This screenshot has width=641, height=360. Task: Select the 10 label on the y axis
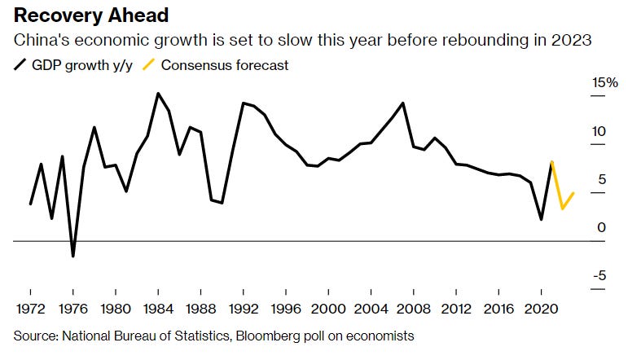pos(601,132)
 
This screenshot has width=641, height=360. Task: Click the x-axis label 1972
pos(30,310)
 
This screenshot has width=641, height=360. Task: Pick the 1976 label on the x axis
pos(72,310)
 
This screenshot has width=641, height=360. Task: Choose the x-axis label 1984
pos(157,310)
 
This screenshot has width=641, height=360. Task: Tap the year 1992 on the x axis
pos(243,310)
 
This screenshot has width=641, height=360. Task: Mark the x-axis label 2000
pos(327,310)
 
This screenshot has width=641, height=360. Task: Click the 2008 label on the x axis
pos(413,310)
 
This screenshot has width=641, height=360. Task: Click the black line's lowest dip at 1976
pos(72,257)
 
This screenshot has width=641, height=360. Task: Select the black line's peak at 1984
pos(158,94)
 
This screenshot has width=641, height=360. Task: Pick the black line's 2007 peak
pos(403,103)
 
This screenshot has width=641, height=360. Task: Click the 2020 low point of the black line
pos(542,219)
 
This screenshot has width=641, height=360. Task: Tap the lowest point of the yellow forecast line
pos(563,209)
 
